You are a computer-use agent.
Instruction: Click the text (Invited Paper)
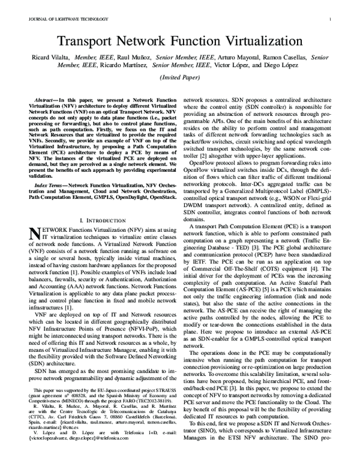(x=180, y=78)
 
